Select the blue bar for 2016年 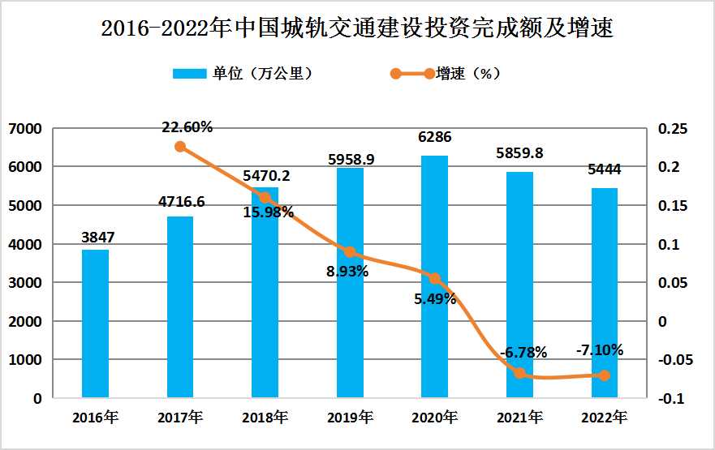pyautogui.click(x=95, y=324)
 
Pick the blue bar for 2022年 pyautogui.click(x=604, y=293)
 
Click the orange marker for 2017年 pyautogui.click(x=180, y=147)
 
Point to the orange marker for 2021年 pyautogui.click(x=519, y=373)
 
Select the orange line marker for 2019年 pyautogui.click(x=350, y=252)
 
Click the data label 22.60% pyautogui.click(x=187, y=126)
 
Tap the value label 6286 pyautogui.click(x=434, y=138)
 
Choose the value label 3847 pyautogui.click(x=97, y=238)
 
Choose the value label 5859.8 pyautogui.click(x=519, y=153)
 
